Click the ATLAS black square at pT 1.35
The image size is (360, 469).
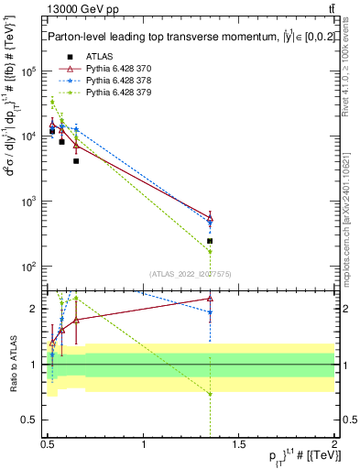210,241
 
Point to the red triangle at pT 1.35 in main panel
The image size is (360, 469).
210,217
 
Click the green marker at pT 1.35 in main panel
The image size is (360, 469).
210,251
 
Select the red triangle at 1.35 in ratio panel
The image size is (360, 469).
210,298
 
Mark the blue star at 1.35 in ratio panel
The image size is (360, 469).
210,312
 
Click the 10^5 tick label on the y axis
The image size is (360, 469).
30,71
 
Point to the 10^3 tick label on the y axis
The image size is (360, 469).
30,202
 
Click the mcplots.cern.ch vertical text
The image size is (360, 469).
349,211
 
